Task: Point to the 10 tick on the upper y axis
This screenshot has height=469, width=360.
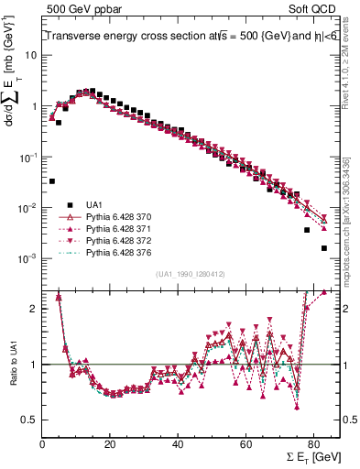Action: click(x=32, y=55)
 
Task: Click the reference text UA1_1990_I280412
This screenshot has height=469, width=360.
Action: click(x=191, y=274)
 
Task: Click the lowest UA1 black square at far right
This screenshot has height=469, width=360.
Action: click(x=323, y=248)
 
